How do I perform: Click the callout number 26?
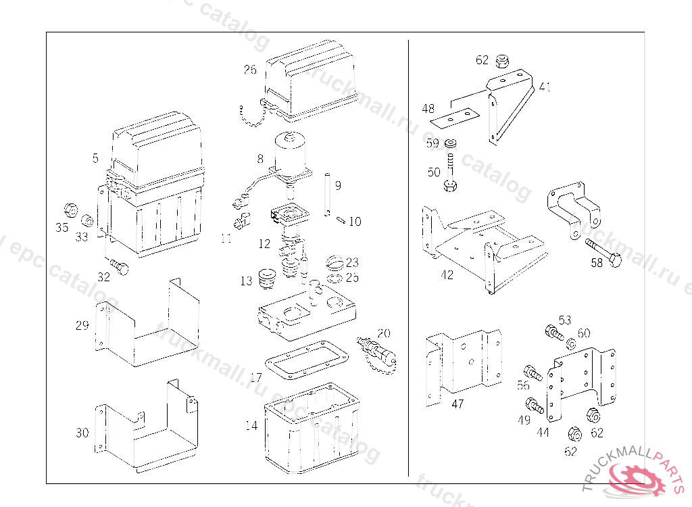(250, 70)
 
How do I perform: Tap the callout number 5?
(95, 158)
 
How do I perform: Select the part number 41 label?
(545, 87)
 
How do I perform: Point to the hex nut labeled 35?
(70, 208)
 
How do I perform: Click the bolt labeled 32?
(120, 267)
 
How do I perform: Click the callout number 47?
(458, 404)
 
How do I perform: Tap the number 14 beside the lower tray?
(251, 426)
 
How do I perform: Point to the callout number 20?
(384, 333)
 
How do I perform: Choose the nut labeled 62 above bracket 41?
(502, 62)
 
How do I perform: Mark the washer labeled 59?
(451, 144)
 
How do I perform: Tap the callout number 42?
(447, 275)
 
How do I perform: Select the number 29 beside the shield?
(82, 326)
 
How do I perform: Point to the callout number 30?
(82, 433)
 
